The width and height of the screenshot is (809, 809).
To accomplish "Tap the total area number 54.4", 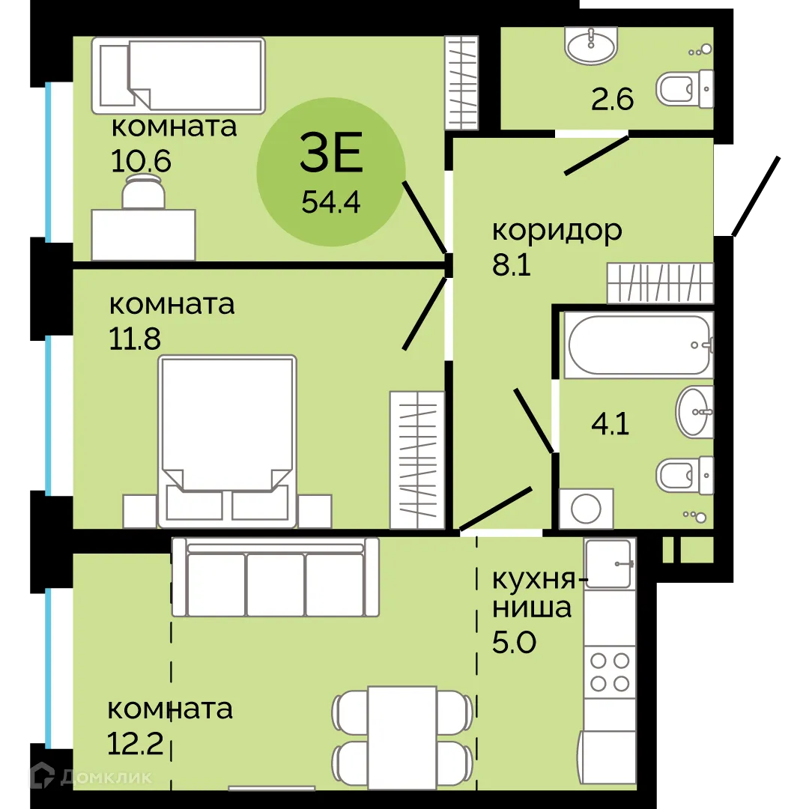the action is tap(331, 202).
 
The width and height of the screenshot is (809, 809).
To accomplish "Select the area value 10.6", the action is tap(140, 161).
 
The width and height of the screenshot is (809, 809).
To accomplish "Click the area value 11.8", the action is tap(135, 339).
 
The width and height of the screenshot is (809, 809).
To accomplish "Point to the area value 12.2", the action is tap(135, 744).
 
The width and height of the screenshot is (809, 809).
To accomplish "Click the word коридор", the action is tap(557, 231).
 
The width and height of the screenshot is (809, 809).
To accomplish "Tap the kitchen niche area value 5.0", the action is tap(514, 642).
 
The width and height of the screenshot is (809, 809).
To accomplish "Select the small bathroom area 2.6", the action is tap(612, 99).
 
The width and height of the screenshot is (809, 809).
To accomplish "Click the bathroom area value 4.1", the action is tap(610, 425).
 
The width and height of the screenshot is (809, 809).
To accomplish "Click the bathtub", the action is tap(639, 345).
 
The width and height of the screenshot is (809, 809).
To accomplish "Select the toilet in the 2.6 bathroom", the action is tap(685, 89).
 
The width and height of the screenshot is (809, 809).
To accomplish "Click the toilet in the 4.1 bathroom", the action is tap(685, 475).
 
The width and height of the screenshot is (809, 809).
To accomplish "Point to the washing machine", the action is tap(586, 509).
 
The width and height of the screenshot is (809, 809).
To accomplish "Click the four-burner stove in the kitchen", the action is tap(610, 672).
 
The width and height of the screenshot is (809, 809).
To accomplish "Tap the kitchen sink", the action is tap(609, 563).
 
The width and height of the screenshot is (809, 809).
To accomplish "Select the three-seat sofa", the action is tap(276, 577).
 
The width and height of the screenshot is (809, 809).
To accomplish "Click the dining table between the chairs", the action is tap(402, 738).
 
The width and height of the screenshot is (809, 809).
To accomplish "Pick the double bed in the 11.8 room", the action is tap(227, 441).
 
